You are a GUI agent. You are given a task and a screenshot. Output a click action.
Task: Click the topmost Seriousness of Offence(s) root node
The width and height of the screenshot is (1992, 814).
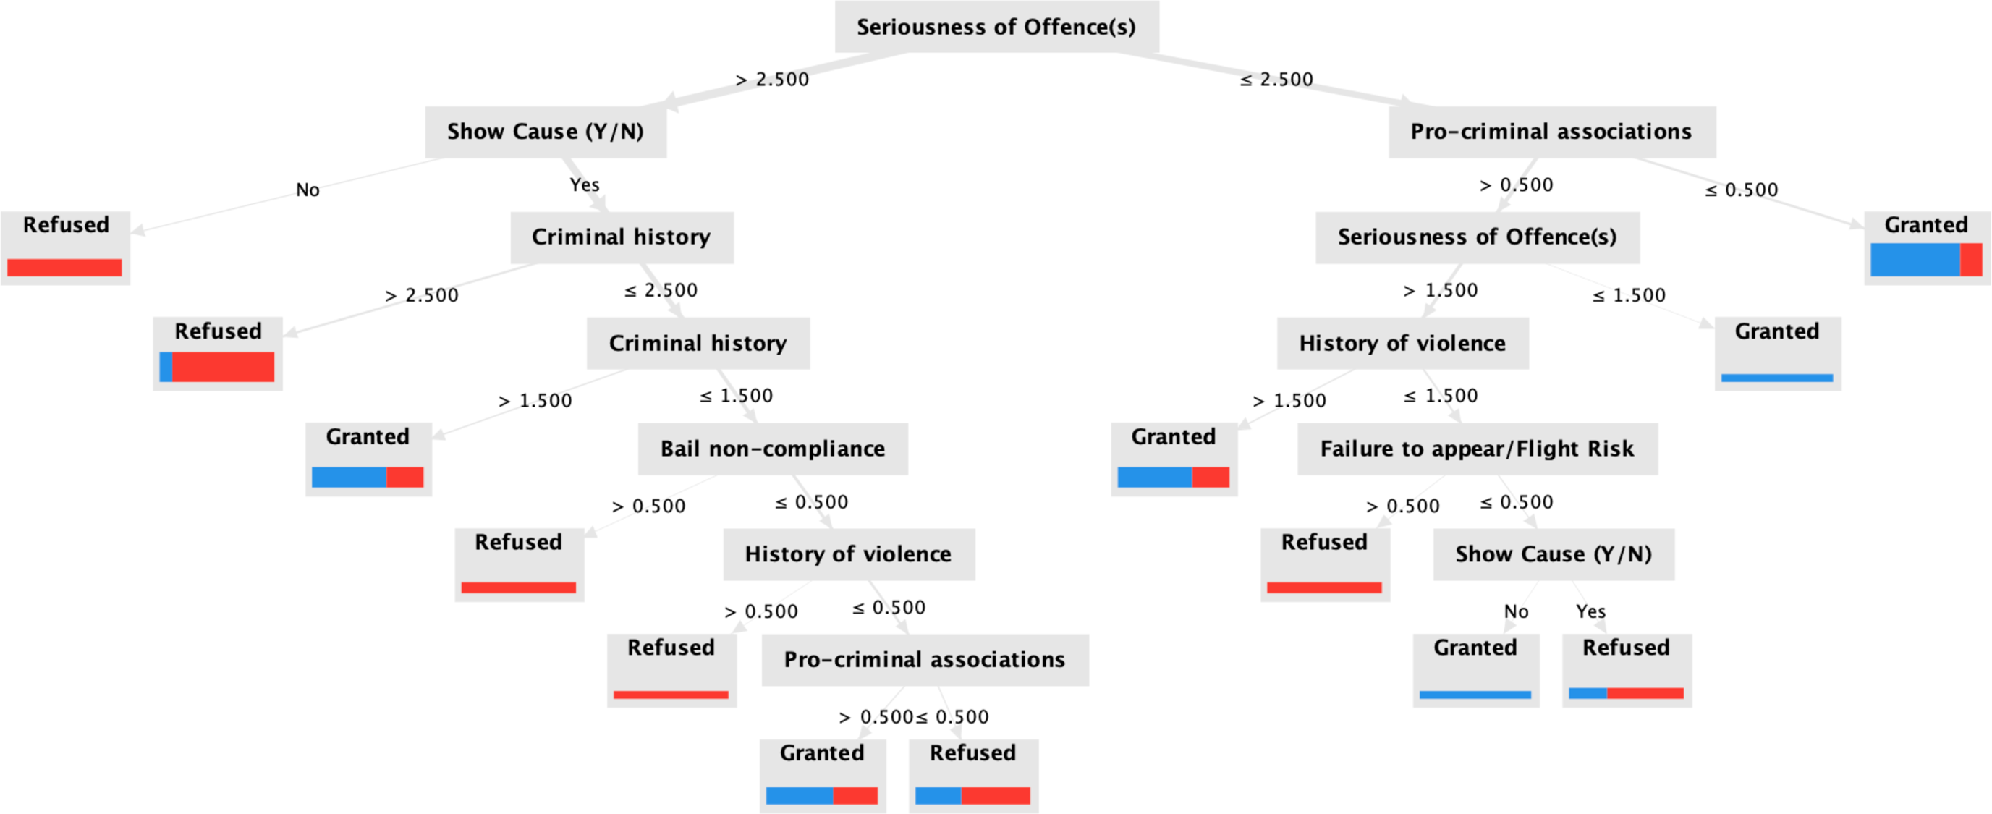pos(996,27)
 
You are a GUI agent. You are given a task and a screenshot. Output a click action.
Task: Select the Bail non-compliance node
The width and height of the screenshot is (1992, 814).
pos(773,449)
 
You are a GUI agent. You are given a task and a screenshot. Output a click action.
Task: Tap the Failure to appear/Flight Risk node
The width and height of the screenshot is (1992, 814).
pos(1477,449)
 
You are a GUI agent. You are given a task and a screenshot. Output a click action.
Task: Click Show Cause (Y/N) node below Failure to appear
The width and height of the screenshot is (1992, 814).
pos(1554,554)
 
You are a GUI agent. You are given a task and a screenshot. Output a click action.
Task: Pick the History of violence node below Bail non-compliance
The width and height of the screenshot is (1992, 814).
pos(848,554)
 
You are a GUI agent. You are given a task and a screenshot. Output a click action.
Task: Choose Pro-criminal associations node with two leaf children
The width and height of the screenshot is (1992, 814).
pos(925,660)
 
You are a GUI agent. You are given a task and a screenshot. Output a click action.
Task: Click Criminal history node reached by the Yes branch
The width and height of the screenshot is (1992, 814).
pos(621,237)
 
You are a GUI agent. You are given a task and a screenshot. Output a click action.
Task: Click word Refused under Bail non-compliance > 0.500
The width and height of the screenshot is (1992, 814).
pos(518,543)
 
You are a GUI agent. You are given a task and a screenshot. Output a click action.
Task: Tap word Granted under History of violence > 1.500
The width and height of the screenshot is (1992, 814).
pos(1173,437)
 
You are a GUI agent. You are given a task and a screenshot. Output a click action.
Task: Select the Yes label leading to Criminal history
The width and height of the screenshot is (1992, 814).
pos(585,185)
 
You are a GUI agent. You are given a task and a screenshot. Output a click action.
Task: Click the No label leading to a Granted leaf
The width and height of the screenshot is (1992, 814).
pos(1516,611)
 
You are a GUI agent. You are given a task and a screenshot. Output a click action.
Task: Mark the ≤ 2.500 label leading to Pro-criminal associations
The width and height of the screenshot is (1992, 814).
pos(1276,80)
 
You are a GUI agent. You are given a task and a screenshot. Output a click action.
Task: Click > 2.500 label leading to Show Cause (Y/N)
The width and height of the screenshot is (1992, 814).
pos(772,80)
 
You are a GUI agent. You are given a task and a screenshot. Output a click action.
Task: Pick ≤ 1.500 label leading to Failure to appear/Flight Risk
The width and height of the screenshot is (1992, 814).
pos(1441,396)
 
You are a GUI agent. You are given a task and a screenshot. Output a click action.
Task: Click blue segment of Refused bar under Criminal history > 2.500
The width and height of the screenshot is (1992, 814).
pos(166,367)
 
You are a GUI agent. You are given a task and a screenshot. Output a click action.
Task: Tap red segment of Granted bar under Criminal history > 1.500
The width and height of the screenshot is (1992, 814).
pos(404,478)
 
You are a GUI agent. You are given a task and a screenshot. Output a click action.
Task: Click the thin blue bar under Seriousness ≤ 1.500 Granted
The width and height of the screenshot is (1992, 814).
pos(1777,378)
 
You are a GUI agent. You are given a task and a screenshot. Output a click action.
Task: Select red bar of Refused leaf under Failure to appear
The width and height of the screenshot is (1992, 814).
pos(1324,588)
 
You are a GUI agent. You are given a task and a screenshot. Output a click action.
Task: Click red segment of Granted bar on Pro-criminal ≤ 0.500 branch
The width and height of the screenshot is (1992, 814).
pos(1970,260)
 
